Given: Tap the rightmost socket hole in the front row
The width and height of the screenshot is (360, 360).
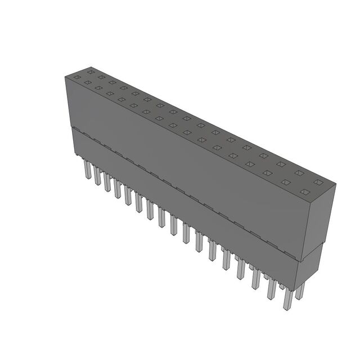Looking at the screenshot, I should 304,192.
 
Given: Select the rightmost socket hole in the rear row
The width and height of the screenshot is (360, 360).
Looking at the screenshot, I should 318,183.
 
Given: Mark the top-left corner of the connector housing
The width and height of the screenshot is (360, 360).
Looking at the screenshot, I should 66,77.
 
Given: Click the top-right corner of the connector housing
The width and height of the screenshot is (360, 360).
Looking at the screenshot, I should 335,184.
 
